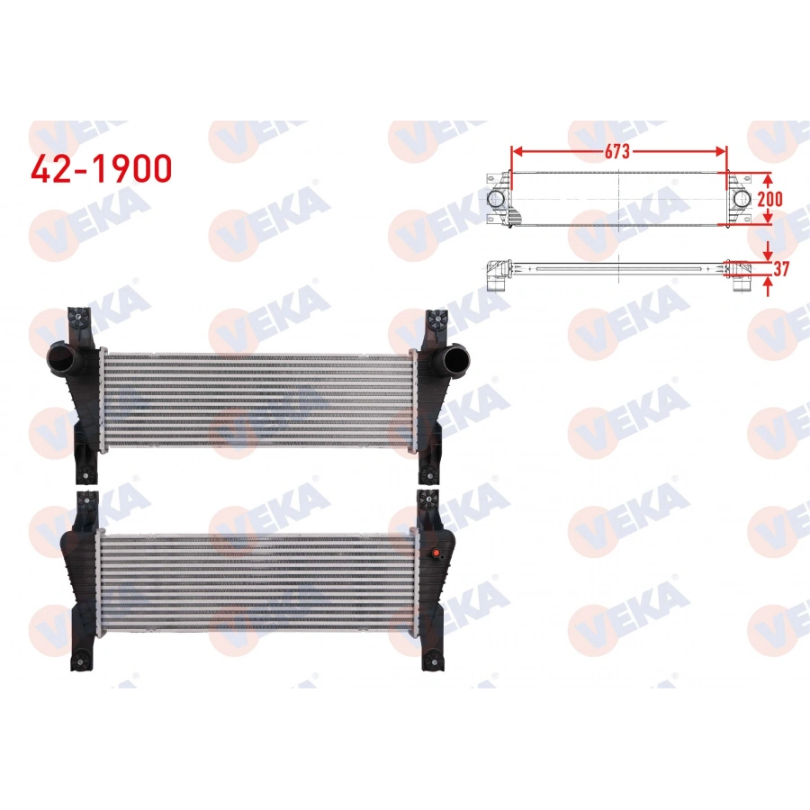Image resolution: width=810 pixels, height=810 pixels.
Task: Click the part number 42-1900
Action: [101, 167]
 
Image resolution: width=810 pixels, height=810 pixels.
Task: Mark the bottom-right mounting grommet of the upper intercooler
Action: [435, 474]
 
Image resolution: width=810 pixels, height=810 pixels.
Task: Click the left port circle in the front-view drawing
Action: [496, 199]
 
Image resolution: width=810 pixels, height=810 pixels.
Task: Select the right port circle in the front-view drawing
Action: [741, 199]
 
